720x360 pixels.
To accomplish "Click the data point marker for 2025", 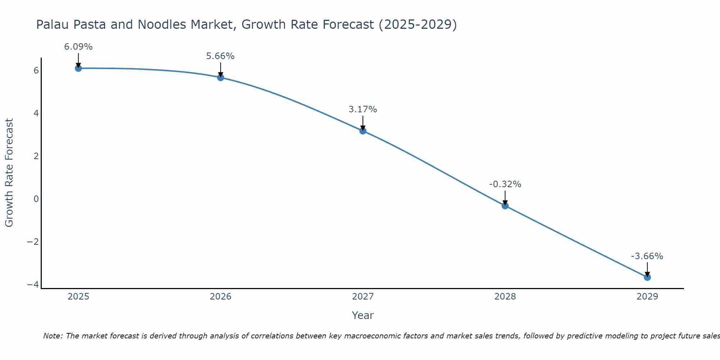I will click(78, 68).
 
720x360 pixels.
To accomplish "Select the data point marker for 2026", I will click(220, 77).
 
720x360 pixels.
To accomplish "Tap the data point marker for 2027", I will click(363, 131).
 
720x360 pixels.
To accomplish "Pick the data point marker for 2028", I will click(505, 206).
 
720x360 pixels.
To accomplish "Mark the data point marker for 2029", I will click(647, 277).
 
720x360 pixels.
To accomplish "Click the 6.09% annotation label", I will click(78, 47).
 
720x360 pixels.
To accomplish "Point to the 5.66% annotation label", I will click(220, 56).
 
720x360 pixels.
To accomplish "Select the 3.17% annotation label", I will click(363, 109).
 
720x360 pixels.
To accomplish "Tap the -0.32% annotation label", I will click(505, 184).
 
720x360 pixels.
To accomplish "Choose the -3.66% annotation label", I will click(647, 256).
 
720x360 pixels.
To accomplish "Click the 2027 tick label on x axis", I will click(363, 297).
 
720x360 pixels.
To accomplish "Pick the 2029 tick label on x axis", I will click(647, 297).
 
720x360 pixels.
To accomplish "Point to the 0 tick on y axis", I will click(36, 199).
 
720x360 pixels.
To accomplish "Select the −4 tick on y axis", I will click(33, 284).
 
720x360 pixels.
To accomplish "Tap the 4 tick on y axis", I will click(36, 113).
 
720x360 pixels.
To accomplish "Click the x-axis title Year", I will click(363, 315).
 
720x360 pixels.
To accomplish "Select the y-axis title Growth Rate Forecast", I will click(9, 173).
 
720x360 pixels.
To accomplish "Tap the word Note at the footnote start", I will click(53, 336).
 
